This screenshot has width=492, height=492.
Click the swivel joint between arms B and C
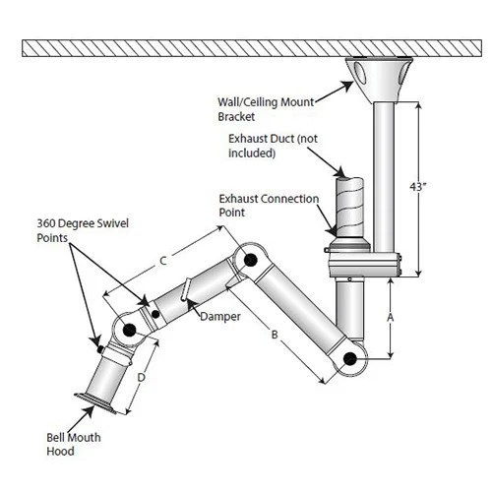tap(249, 262)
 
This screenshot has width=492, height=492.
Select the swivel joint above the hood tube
tap(129, 331)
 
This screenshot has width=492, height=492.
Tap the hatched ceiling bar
tap(246, 46)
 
